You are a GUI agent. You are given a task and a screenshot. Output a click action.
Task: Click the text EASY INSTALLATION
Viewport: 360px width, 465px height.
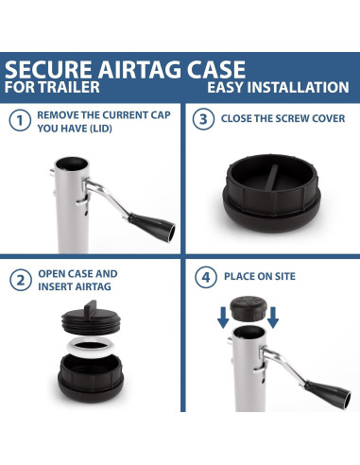point(278,88)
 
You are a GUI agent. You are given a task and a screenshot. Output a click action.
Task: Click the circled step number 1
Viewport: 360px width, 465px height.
point(18,121)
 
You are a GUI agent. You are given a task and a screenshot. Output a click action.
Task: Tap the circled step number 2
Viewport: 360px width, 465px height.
point(18,281)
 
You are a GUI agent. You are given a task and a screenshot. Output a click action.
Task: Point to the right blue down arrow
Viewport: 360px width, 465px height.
point(273,319)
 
